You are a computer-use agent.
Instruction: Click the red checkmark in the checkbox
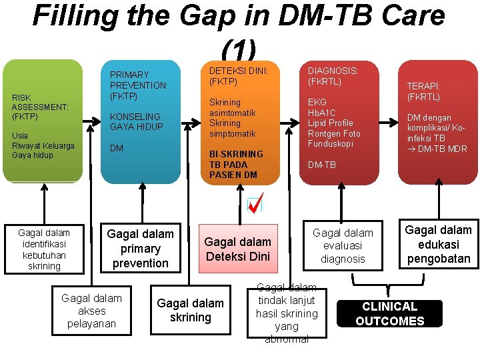click(x=255, y=203)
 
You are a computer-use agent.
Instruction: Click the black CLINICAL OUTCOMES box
click(x=389, y=314)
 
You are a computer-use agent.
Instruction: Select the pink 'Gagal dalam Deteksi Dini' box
click(x=238, y=249)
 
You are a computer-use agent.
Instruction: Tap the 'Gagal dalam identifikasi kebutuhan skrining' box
click(x=44, y=249)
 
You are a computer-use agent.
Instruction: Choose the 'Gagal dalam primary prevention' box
click(x=140, y=248)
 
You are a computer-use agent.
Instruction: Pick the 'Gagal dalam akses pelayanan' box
click(x=92, y=311)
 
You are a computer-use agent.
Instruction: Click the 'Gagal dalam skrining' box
click(x=191, y=310)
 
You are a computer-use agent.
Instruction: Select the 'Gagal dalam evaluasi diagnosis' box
click(x=343, y=245)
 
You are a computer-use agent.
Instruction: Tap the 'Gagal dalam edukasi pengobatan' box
click(x=438, y=244)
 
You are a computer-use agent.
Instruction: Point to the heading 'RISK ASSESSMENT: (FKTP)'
click(x=39, y=107)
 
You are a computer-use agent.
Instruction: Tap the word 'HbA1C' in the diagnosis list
click(x=322, y=113)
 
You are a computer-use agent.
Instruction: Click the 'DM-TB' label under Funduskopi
click(x=321, y=165)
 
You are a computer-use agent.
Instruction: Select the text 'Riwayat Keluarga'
click(x=43, y=145)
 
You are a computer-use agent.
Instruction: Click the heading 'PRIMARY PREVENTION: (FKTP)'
click(x=139, y=85)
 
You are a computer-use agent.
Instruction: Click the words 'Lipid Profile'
click(x=330, y=123)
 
